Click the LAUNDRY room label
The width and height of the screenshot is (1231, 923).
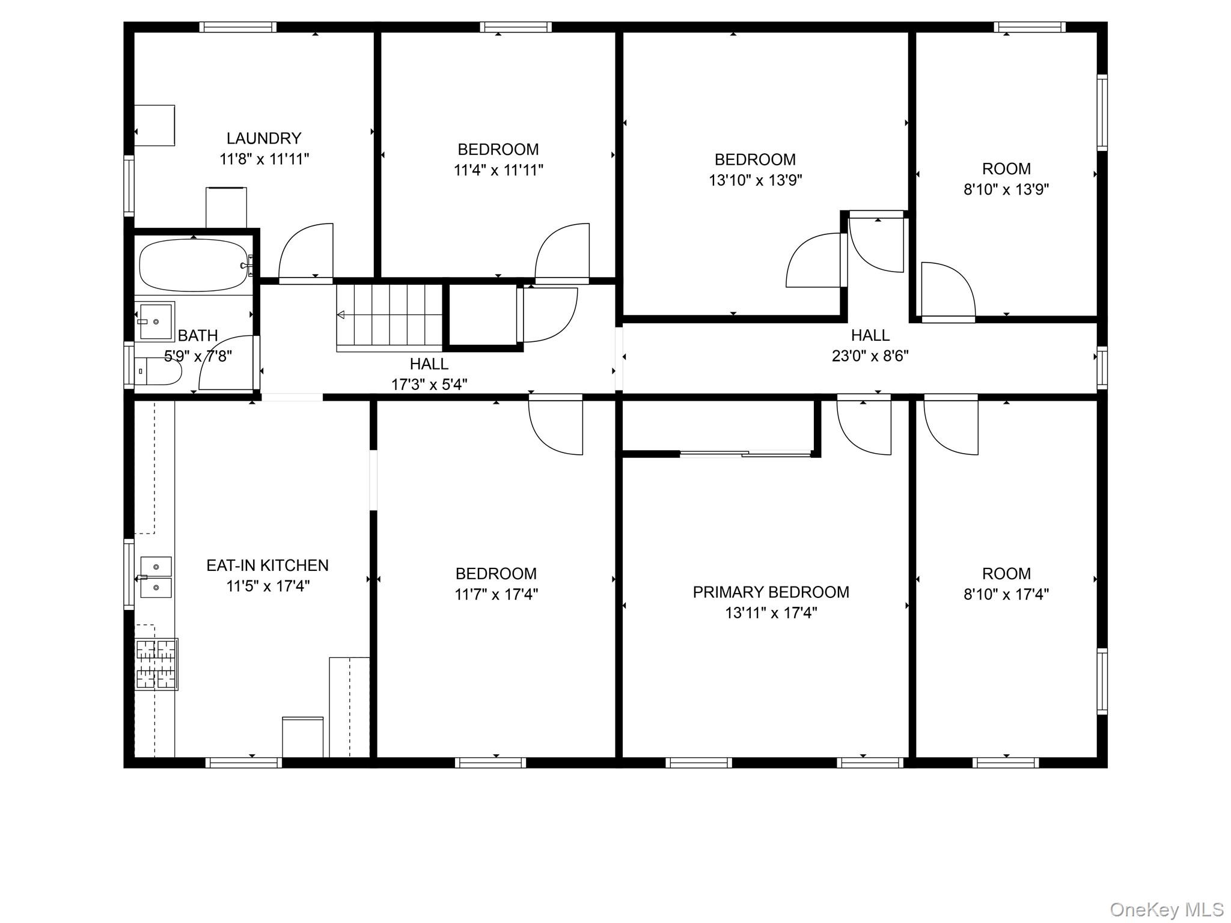point(264,138)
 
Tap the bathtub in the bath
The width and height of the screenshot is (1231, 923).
point(194,265)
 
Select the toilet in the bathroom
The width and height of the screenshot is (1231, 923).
point(157,371)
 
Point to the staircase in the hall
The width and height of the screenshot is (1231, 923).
point(389,318)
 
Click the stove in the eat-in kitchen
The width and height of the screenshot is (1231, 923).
point(156,664)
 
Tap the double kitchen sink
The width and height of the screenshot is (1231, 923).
point(156,577)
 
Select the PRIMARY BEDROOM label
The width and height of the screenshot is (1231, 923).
point(771,592)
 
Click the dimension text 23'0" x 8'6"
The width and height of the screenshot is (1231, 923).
point(870,356)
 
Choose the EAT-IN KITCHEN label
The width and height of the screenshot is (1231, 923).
point(267,565)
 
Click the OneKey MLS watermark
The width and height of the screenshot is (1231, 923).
point(1167,910)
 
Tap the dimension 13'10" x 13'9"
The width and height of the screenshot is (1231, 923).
point(756,180)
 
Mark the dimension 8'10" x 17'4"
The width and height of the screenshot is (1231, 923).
point(1006,594)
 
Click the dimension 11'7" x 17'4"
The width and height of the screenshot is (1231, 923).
point(496,594)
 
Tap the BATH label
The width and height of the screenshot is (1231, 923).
point(198,336)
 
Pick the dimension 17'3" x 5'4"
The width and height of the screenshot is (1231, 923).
point(429,385)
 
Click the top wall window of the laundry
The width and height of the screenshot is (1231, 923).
point(238,27)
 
